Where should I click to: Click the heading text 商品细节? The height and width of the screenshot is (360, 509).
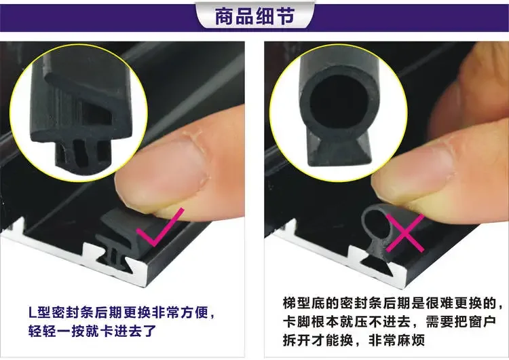coord(254,16)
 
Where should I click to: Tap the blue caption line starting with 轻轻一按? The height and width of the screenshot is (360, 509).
coord(92,333)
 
